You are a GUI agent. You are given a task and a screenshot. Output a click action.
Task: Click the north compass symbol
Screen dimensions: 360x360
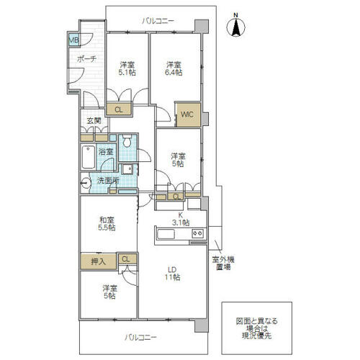coord(236,25)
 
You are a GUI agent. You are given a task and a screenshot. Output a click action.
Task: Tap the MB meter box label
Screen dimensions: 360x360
coord(73,40)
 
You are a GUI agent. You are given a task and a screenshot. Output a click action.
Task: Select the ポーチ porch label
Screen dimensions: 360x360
coord(86,59)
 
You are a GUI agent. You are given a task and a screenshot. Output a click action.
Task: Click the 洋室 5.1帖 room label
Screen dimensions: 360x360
coord(127,68)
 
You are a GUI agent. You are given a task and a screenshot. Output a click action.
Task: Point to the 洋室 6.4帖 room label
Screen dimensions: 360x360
coord(174,68)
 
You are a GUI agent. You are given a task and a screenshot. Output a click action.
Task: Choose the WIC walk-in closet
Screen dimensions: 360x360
coord(189,114)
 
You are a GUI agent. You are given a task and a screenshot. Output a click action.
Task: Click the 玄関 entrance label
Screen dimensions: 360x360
coord(94,121)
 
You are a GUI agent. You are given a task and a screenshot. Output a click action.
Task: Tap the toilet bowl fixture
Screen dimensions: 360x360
coord(127,140)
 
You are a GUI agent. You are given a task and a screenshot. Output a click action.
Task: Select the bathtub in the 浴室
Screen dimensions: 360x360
coord(88,157)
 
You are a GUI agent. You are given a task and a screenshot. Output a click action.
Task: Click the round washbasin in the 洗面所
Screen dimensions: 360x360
coord(86,184)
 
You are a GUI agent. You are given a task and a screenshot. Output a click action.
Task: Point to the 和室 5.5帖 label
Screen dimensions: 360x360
coord(107,224)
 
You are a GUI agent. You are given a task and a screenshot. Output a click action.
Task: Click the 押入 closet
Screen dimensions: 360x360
coord(99,261)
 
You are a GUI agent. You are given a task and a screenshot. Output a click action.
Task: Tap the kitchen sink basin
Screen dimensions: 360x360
coord(166,234)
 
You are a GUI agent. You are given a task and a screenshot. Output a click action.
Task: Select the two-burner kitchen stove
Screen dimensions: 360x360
coord(198,233)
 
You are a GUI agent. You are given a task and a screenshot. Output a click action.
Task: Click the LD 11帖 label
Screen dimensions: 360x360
coord(172,273)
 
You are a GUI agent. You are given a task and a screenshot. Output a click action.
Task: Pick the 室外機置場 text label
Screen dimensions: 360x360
coord(223,263)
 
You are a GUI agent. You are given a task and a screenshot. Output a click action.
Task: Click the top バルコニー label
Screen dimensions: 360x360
coord(158,21)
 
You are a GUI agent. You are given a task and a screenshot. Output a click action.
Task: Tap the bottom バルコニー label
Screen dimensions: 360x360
coord(140,338)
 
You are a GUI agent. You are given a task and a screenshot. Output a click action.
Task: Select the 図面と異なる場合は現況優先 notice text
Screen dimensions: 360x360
coord(256,328)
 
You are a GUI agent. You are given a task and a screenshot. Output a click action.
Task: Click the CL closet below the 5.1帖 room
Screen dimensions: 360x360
coord(119,109)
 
